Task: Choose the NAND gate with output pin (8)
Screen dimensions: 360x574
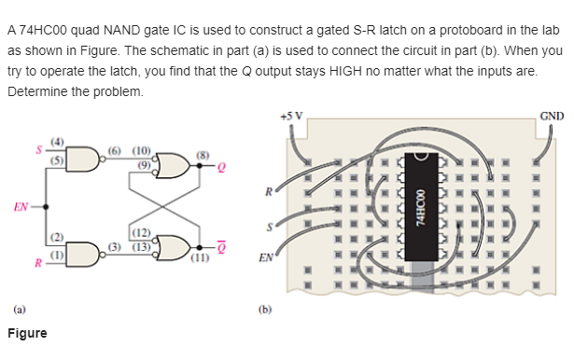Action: coord(175,165)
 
